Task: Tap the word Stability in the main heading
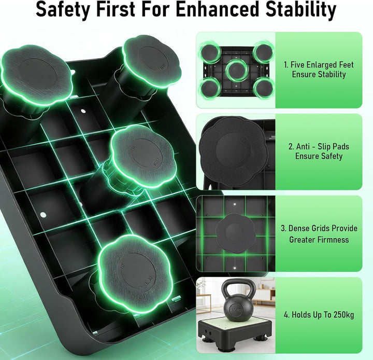301,9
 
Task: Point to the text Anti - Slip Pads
319,146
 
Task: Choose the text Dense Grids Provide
319,228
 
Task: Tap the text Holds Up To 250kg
319,315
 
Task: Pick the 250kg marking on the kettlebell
236,310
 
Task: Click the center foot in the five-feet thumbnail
236,70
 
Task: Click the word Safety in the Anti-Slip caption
331,156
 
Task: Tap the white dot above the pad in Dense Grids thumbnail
235,204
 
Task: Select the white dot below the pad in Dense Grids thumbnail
235,268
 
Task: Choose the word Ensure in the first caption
304,74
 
